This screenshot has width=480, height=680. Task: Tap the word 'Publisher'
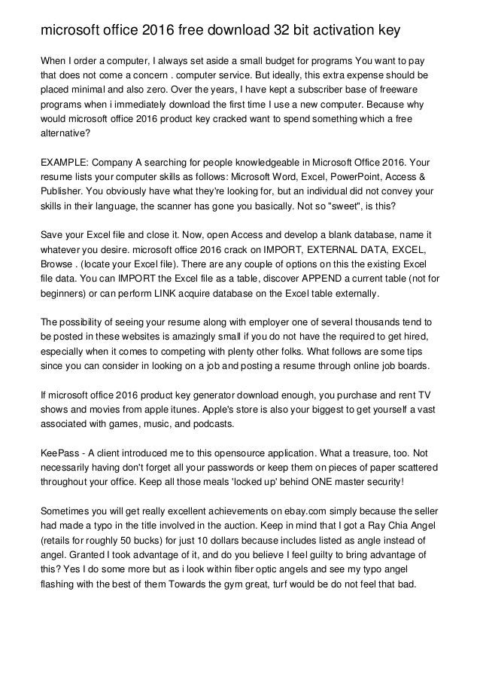pos(62,191)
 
